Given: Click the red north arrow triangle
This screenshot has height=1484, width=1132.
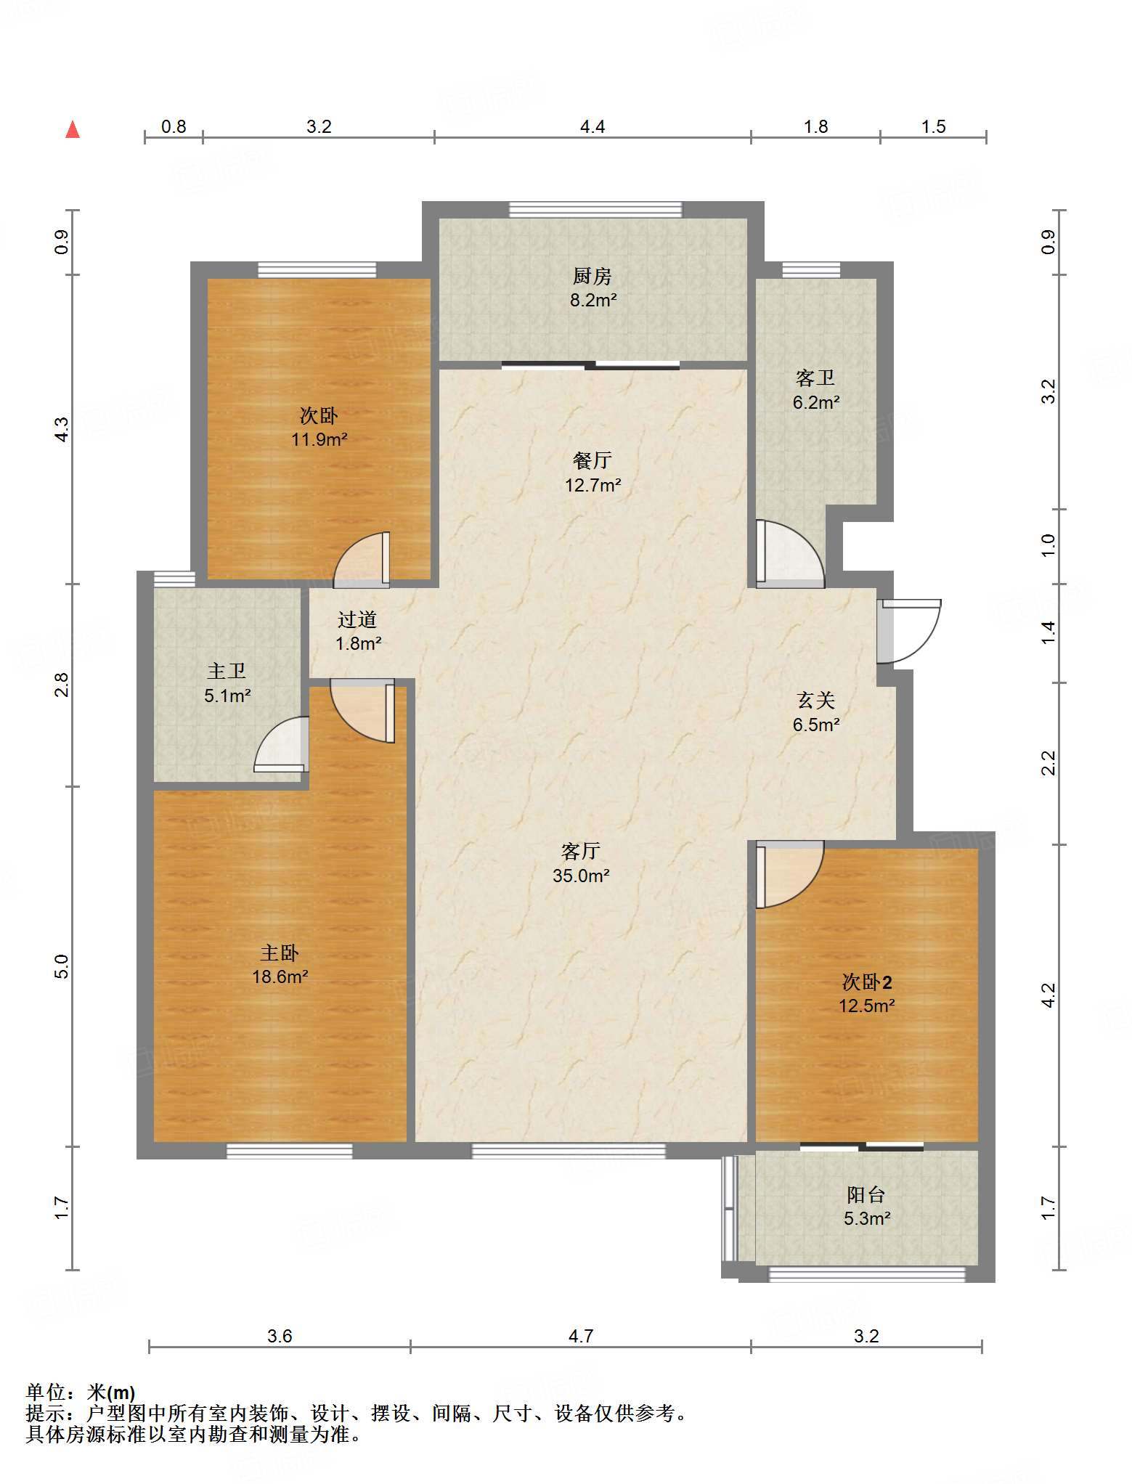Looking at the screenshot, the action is (x=73, y=129).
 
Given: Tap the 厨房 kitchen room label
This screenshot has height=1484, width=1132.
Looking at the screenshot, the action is (x=593, y=276).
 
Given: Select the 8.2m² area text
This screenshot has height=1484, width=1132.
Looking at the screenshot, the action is (x=593, y=300).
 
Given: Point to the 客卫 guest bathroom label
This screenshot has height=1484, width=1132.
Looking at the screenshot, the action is (x=815, y=378).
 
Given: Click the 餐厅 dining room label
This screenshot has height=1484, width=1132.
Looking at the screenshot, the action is (x=593, y=460).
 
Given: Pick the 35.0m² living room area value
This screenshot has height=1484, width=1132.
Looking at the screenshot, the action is (x=581, y=876).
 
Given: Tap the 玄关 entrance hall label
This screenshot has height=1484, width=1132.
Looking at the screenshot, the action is (x=816, y=700).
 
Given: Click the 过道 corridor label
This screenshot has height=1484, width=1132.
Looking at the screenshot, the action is (x=357, y=619).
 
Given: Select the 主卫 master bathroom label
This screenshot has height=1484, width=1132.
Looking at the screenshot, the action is (x=227, y=671).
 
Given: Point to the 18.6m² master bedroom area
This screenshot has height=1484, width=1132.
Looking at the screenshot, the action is (x=280, y=977).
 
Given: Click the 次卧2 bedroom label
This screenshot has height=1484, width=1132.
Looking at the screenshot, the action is (x=867, y=982).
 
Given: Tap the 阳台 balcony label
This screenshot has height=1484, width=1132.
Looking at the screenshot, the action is (x=866, y=1194).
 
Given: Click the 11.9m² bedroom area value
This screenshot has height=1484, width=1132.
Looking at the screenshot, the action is (x=319, y=439).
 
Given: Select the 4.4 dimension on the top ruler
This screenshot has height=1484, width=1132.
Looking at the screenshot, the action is (x=593, y=127).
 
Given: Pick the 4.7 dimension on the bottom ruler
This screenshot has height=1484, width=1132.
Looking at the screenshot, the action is (x=581, y=1336).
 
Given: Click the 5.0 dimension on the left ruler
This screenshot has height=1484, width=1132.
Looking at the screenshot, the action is (x=61, y=966).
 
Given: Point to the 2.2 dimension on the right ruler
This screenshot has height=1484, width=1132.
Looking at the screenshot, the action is (x=1048, y=763).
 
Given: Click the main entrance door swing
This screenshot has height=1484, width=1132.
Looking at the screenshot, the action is (x=909, y=631).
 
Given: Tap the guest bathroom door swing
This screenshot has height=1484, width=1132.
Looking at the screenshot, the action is (x=790, y=554).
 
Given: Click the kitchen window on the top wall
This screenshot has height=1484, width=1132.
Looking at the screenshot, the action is (x=595, y=210).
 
